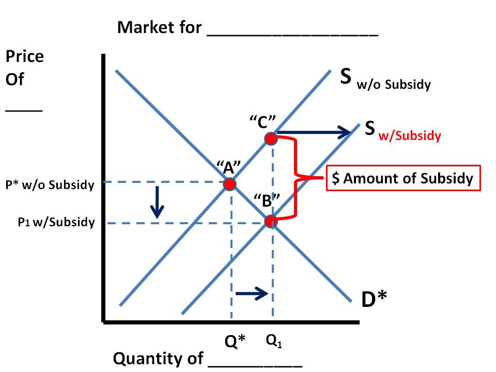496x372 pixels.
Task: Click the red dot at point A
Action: [230, 183]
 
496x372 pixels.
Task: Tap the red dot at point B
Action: [271, 221]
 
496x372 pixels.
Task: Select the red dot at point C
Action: [271, 138]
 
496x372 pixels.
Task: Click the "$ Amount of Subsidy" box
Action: [403, 178]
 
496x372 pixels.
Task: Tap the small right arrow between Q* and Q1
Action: [251, 293]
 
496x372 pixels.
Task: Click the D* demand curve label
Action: [374, 298]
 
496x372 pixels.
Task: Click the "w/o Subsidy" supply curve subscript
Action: [394, 85]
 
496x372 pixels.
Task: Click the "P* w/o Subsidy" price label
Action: [50, 184]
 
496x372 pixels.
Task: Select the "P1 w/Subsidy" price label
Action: [57, 223]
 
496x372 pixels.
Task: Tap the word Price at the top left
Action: [24, 56]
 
